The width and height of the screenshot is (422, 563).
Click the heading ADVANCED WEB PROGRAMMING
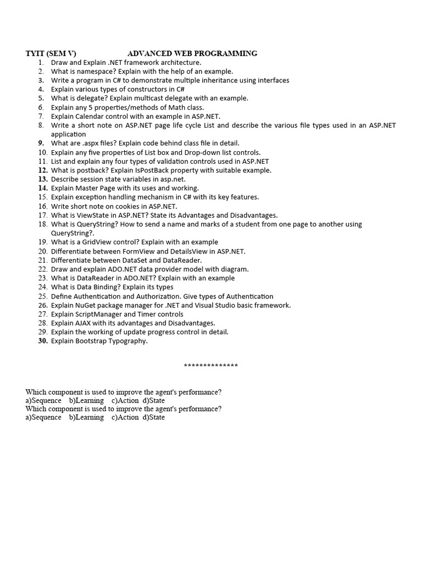click(192, 53)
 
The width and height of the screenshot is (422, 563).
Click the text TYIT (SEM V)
click(51, 53)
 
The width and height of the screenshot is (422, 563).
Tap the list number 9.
click(42, 143)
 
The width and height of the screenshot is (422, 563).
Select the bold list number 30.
click(43, 341)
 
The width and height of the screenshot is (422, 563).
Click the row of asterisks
click(211, 366)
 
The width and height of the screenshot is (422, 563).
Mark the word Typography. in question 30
click(128, 341)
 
